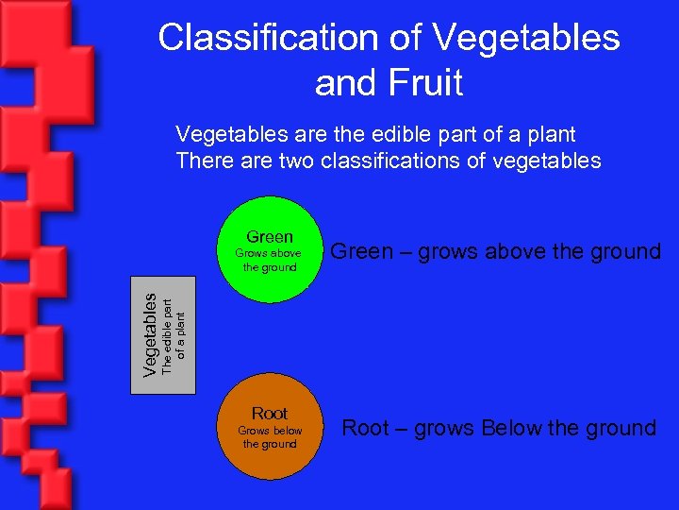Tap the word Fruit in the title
[x=424, y=83]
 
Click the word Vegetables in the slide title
[x=528, y=38]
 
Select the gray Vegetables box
[x=162, y=335]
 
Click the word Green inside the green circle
[x=270, y=237]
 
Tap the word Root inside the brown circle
[x=270, y=414]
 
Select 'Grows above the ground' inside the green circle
[x=270, y=260]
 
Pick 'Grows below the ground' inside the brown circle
[x=270, y=437]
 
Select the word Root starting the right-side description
[x=365, y=428]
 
